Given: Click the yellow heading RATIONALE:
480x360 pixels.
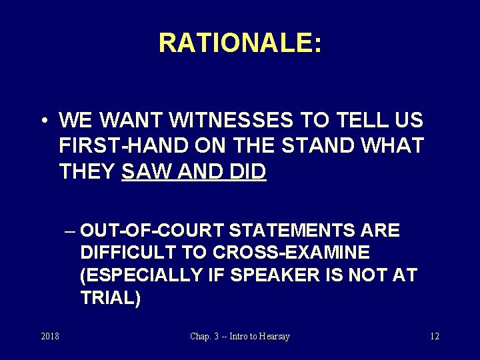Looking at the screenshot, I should click(240, 43).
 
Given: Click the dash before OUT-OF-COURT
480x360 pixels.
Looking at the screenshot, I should click(70, 231).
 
